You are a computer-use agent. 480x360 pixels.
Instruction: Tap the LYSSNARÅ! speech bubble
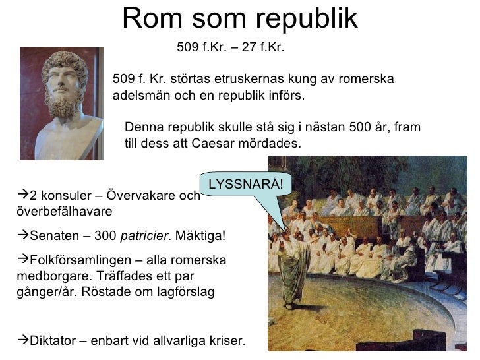[245, 183]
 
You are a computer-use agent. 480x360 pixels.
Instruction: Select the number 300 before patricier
[107, 236]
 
